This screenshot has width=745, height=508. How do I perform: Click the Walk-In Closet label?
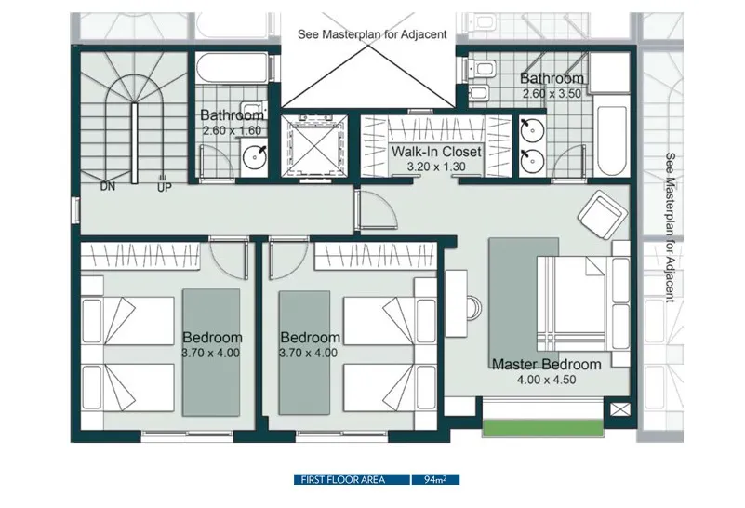pyautogui.click(x=436, y=152)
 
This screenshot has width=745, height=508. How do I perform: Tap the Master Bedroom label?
pyautogui.click(x=546, y=365)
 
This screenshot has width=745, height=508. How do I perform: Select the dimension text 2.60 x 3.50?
pyautogui.click(x=552, y=94)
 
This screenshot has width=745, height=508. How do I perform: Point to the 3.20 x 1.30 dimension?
pyautogui.click(x=436, y=167)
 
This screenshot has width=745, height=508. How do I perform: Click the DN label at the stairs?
pyautogui.click(x=108, y=187)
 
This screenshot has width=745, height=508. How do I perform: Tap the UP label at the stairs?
pyautogui.click(x=165, y=188)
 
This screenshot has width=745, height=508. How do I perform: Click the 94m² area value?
pyautogui.click(x=435, y=479)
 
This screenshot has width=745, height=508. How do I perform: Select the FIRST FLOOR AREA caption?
pyautogui.click(x=342, y=479)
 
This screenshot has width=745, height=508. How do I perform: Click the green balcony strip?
pyautogui.click(x=543, y=428)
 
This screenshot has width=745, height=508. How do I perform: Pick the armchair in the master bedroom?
pyautogui.click(x=601, y=215)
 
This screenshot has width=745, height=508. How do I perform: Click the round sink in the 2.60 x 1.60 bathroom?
pyautogui.click(x=255, y=157)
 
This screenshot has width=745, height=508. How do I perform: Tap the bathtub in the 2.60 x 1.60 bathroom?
pyautogui.click(x=232, y=68)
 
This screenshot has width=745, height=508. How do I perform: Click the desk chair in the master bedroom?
pyautogui.click(x=473, y=308)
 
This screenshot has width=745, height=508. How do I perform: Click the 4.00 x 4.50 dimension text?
pyautogui.click(x=546, y=380)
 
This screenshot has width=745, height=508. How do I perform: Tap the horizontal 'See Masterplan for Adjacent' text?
pyautogui.click(x=372, y=34)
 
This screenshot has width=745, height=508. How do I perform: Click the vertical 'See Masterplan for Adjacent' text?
pyautogui.click(x=670, y=227)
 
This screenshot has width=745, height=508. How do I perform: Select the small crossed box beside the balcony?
pyautogui.click(x=620, y=409)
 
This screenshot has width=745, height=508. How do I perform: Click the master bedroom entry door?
pyautogui.click(x=376, y=209)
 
